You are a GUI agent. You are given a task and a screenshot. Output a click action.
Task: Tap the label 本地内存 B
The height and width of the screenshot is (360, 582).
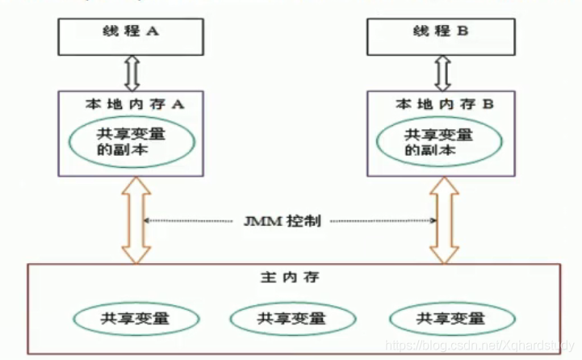click(440, 104)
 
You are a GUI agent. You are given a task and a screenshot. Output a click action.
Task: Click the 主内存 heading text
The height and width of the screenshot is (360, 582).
click(291, 277)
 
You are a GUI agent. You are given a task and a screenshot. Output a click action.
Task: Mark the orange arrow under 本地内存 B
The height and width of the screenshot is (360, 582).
click(442, 220)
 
